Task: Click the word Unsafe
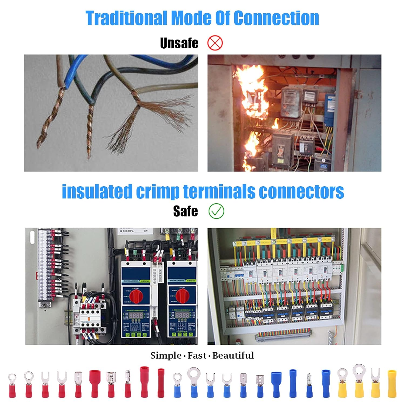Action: pyautogui.click(x=179, y=43)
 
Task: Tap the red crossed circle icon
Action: pyautogui.click(x=215, y=43)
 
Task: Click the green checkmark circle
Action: pyautogui.click(x=216, y=211)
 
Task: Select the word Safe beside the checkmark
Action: pyautogui.click(x=185, y=211)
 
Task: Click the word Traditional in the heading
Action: pyautogui.click(x=126, y=18)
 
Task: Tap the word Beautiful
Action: pyautogui.click(x=233, y=355)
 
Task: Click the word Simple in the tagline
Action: pyautogui.click(x=166, y=355)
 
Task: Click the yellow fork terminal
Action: pyautogui.click(x=375, y=383)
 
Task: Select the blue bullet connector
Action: pyautogui.click(x=309, y=385)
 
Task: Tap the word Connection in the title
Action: pyautogui.click(x=276, y=18)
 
